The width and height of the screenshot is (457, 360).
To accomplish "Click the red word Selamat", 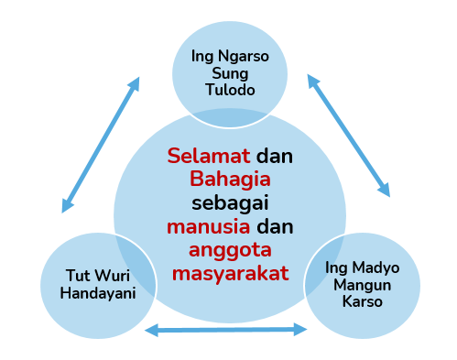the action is coord(209,156).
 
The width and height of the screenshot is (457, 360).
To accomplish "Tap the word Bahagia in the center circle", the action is coord(230,180).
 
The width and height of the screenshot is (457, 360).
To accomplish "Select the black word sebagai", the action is coord(230,203).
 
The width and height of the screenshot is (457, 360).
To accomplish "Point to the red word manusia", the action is coord(209,226).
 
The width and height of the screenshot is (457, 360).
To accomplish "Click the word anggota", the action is coord(230,251).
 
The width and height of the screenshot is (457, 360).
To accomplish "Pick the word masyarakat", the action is coord(230,274).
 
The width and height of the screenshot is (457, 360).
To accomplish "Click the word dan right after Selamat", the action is coord(275,156).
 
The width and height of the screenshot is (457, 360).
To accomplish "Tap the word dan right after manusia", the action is coord(275,226).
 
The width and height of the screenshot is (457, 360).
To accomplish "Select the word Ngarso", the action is coord(244,57).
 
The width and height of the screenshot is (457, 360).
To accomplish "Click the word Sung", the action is coord(230,74).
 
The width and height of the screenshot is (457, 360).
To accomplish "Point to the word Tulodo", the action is coord(230,90).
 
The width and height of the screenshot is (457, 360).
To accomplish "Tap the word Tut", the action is coord(77,276).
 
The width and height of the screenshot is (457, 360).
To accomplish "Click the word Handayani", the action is coord(98,293).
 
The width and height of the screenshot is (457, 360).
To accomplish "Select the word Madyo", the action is coord(375,268).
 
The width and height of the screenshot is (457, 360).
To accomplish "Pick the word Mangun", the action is coord(363,286).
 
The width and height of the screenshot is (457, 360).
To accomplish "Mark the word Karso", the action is coord(363,301).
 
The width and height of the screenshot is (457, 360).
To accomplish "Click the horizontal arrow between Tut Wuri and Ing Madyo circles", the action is coord(226,330).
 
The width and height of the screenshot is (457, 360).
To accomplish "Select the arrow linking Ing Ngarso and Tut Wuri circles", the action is coord(101,145).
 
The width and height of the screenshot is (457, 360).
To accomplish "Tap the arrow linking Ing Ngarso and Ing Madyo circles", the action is coord(349,136).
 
